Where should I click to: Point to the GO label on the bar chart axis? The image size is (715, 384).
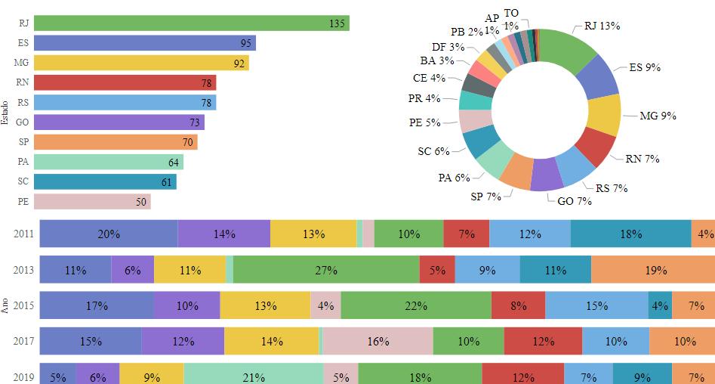point(22,122)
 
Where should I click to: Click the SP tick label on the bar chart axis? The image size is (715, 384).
point(23,142)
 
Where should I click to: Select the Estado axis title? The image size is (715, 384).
point(5,113)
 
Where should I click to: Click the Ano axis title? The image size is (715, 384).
point(5,305)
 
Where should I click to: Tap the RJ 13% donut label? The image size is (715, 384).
point(603,26)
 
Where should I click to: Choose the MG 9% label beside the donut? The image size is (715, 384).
point(658,116)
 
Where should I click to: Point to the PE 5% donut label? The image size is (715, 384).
point(424,122)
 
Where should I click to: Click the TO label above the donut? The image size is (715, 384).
point(511,14)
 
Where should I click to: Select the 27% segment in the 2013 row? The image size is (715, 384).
point(326,270)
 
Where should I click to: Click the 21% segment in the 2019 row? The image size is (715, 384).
point(253,376)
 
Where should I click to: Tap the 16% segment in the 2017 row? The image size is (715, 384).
point(378,341)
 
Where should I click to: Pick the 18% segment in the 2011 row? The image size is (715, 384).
point(630,234)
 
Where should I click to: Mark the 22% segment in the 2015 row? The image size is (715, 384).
point(416,305)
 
